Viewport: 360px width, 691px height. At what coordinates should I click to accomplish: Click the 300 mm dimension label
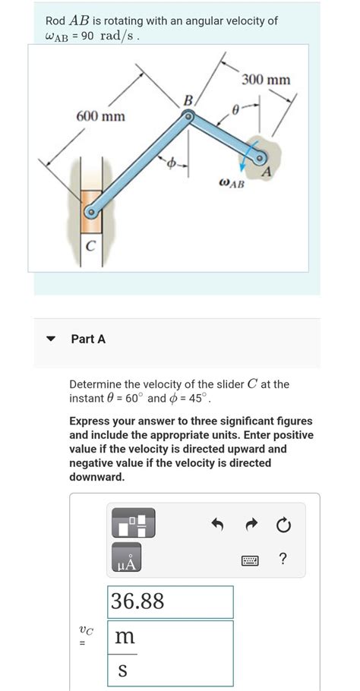266,80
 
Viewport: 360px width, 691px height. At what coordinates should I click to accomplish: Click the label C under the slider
90,245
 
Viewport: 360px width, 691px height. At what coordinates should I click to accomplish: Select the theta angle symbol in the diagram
237,110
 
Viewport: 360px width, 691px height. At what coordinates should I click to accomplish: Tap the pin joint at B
188,115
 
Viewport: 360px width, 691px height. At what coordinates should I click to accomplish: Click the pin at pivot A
260,159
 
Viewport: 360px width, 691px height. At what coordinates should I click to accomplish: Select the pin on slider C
90,214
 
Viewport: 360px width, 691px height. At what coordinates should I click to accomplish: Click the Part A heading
88,339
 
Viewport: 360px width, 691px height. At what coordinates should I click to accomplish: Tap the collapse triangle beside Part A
51,339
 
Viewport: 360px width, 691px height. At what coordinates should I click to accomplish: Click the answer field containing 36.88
171,601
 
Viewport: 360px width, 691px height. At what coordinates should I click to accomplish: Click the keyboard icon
249,561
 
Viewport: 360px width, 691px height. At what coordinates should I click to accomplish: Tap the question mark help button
283,560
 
